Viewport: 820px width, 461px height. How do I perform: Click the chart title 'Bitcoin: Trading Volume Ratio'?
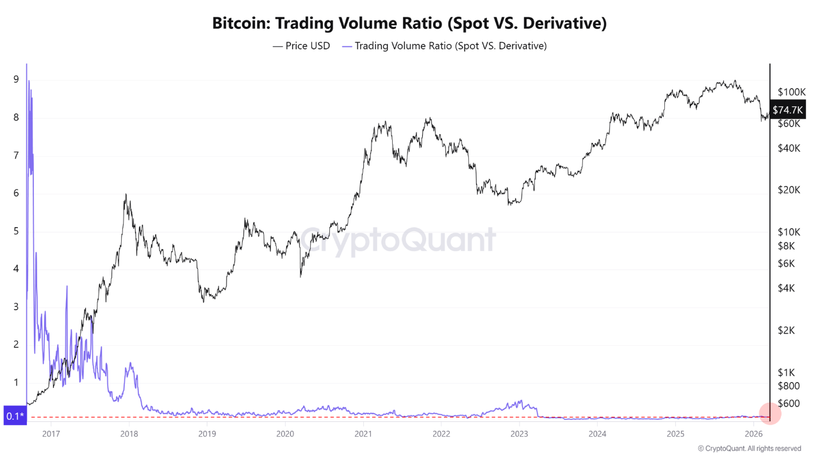click(409, 24)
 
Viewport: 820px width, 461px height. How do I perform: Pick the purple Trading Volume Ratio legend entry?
click(445, 46)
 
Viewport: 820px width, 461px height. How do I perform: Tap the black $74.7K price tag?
click(787, 110)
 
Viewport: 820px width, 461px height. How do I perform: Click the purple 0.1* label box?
click(14, 416)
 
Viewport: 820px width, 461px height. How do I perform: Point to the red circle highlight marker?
click(769, 414)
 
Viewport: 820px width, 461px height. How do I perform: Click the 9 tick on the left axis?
click(15, 80)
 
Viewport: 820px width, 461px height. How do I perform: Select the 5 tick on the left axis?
click(15, 231)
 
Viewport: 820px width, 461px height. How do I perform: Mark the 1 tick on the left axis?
click(15, 383)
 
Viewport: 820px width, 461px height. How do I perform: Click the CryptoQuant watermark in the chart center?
click(398, 240)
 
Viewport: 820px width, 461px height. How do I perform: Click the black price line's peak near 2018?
click(126, 195)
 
